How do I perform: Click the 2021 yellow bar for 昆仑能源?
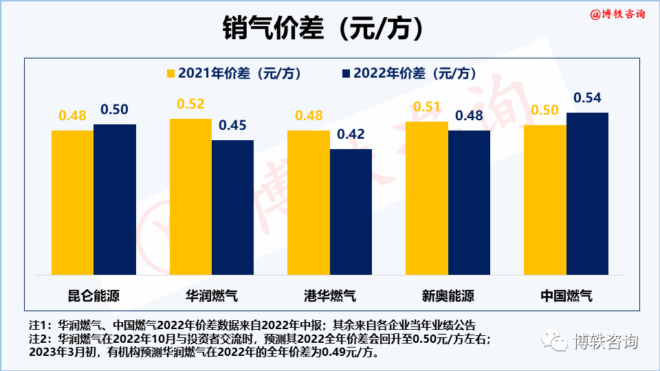pyautogui.click(x=72, y=203)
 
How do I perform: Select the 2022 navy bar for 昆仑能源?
pyautogui.click(x=115, y=199)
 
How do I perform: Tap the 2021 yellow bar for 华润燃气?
pyautogui.click(x=190, y=196)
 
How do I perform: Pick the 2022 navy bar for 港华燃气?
pyautogui.click(x=351, y=212)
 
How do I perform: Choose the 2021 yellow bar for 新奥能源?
pyautogui.click(x=426, y=198)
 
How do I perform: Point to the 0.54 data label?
pyautogui.click(x=587, y=98)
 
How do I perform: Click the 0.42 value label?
pyautogui.click(x=351, y=135)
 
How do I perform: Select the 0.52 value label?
pyautogui.click(x=190, y=104)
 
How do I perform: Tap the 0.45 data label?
pyautogui.click(x=232, y=126)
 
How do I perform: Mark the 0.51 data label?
pyautogui.click(x=426, y=106)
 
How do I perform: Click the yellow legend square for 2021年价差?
pyautogui.click(x=170, y=74)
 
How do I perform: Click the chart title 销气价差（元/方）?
pyautogui.click(x=322, y=29)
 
